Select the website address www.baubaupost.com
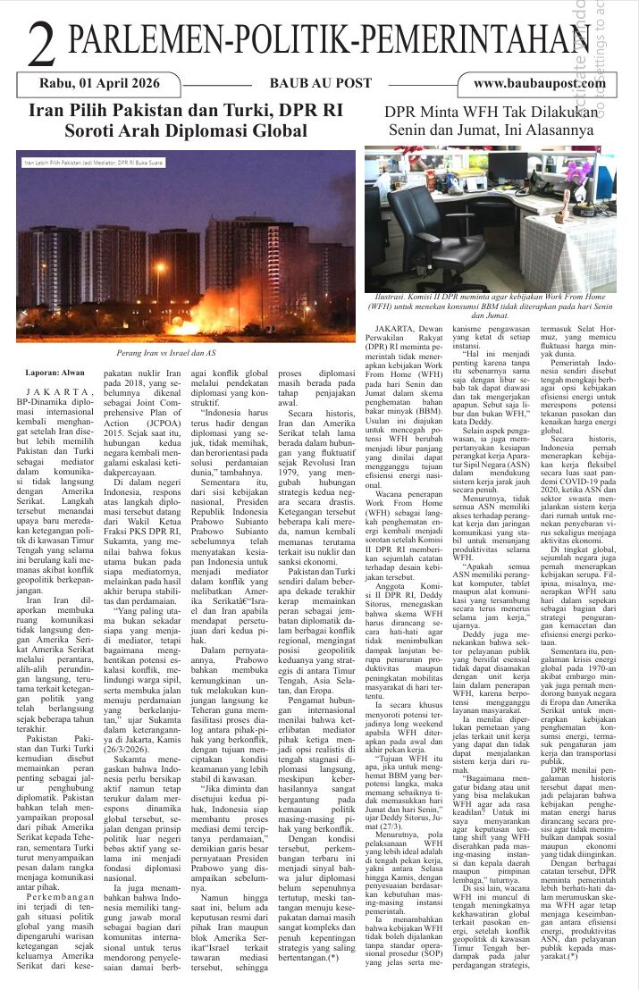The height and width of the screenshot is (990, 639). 539,83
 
